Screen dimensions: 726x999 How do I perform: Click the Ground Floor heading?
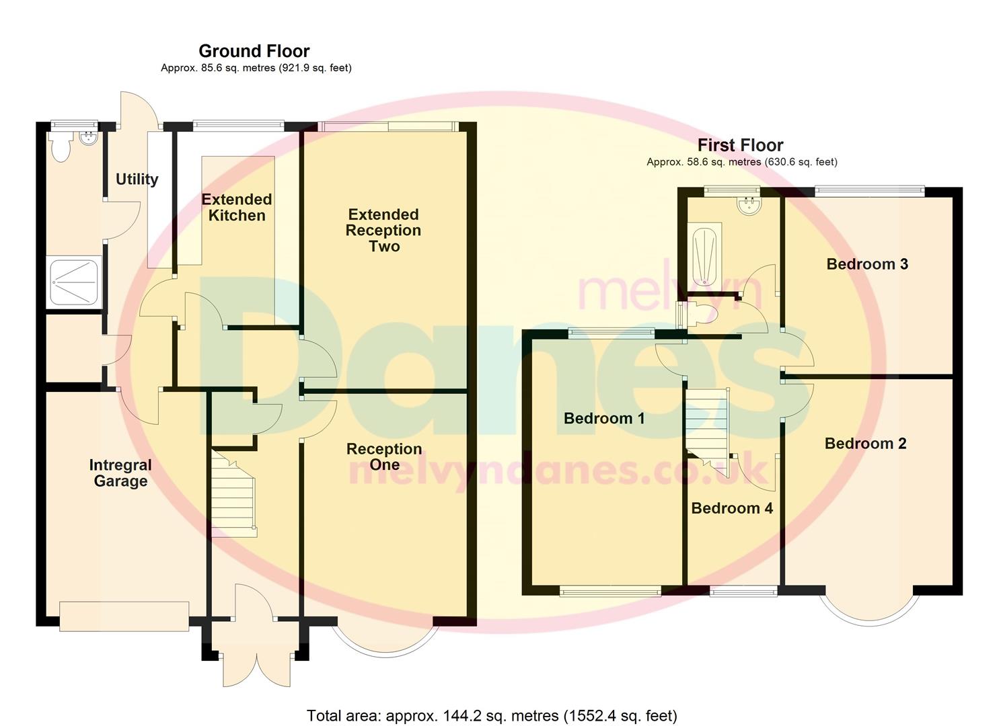pyautogui.click(x=254, y=51)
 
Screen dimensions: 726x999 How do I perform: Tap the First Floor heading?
pyautogui.click(x=740, y=145)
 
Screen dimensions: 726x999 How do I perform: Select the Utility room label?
pyautogui.click(x=137, y=179)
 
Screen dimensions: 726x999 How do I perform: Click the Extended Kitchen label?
pyautogui.click(x=237, y=207)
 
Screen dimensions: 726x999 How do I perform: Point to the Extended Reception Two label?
pyautogui.click(x=383, y=230)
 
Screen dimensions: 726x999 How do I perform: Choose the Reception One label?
pyautogui.click(x=384, y=456)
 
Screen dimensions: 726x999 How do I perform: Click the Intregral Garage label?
pyautogui.click(x=120, y=473)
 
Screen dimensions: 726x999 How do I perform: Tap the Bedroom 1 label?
pyautogui.click(x=603, y=418)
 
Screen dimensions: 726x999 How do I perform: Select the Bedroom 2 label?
pyautogui.click(x=865, y=444)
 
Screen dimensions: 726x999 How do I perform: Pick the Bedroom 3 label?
pyautogui.click(x=867, y=264)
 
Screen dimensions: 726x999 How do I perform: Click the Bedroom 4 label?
pyautogui.click(x=732, y=508)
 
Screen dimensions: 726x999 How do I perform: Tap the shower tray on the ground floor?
pyautogui.click(x=73, y=282)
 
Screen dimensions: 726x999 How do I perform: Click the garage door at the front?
pyautogui.click(x=124, y=616)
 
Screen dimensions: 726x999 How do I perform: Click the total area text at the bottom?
pyautogui.click(x=492, y=715)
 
